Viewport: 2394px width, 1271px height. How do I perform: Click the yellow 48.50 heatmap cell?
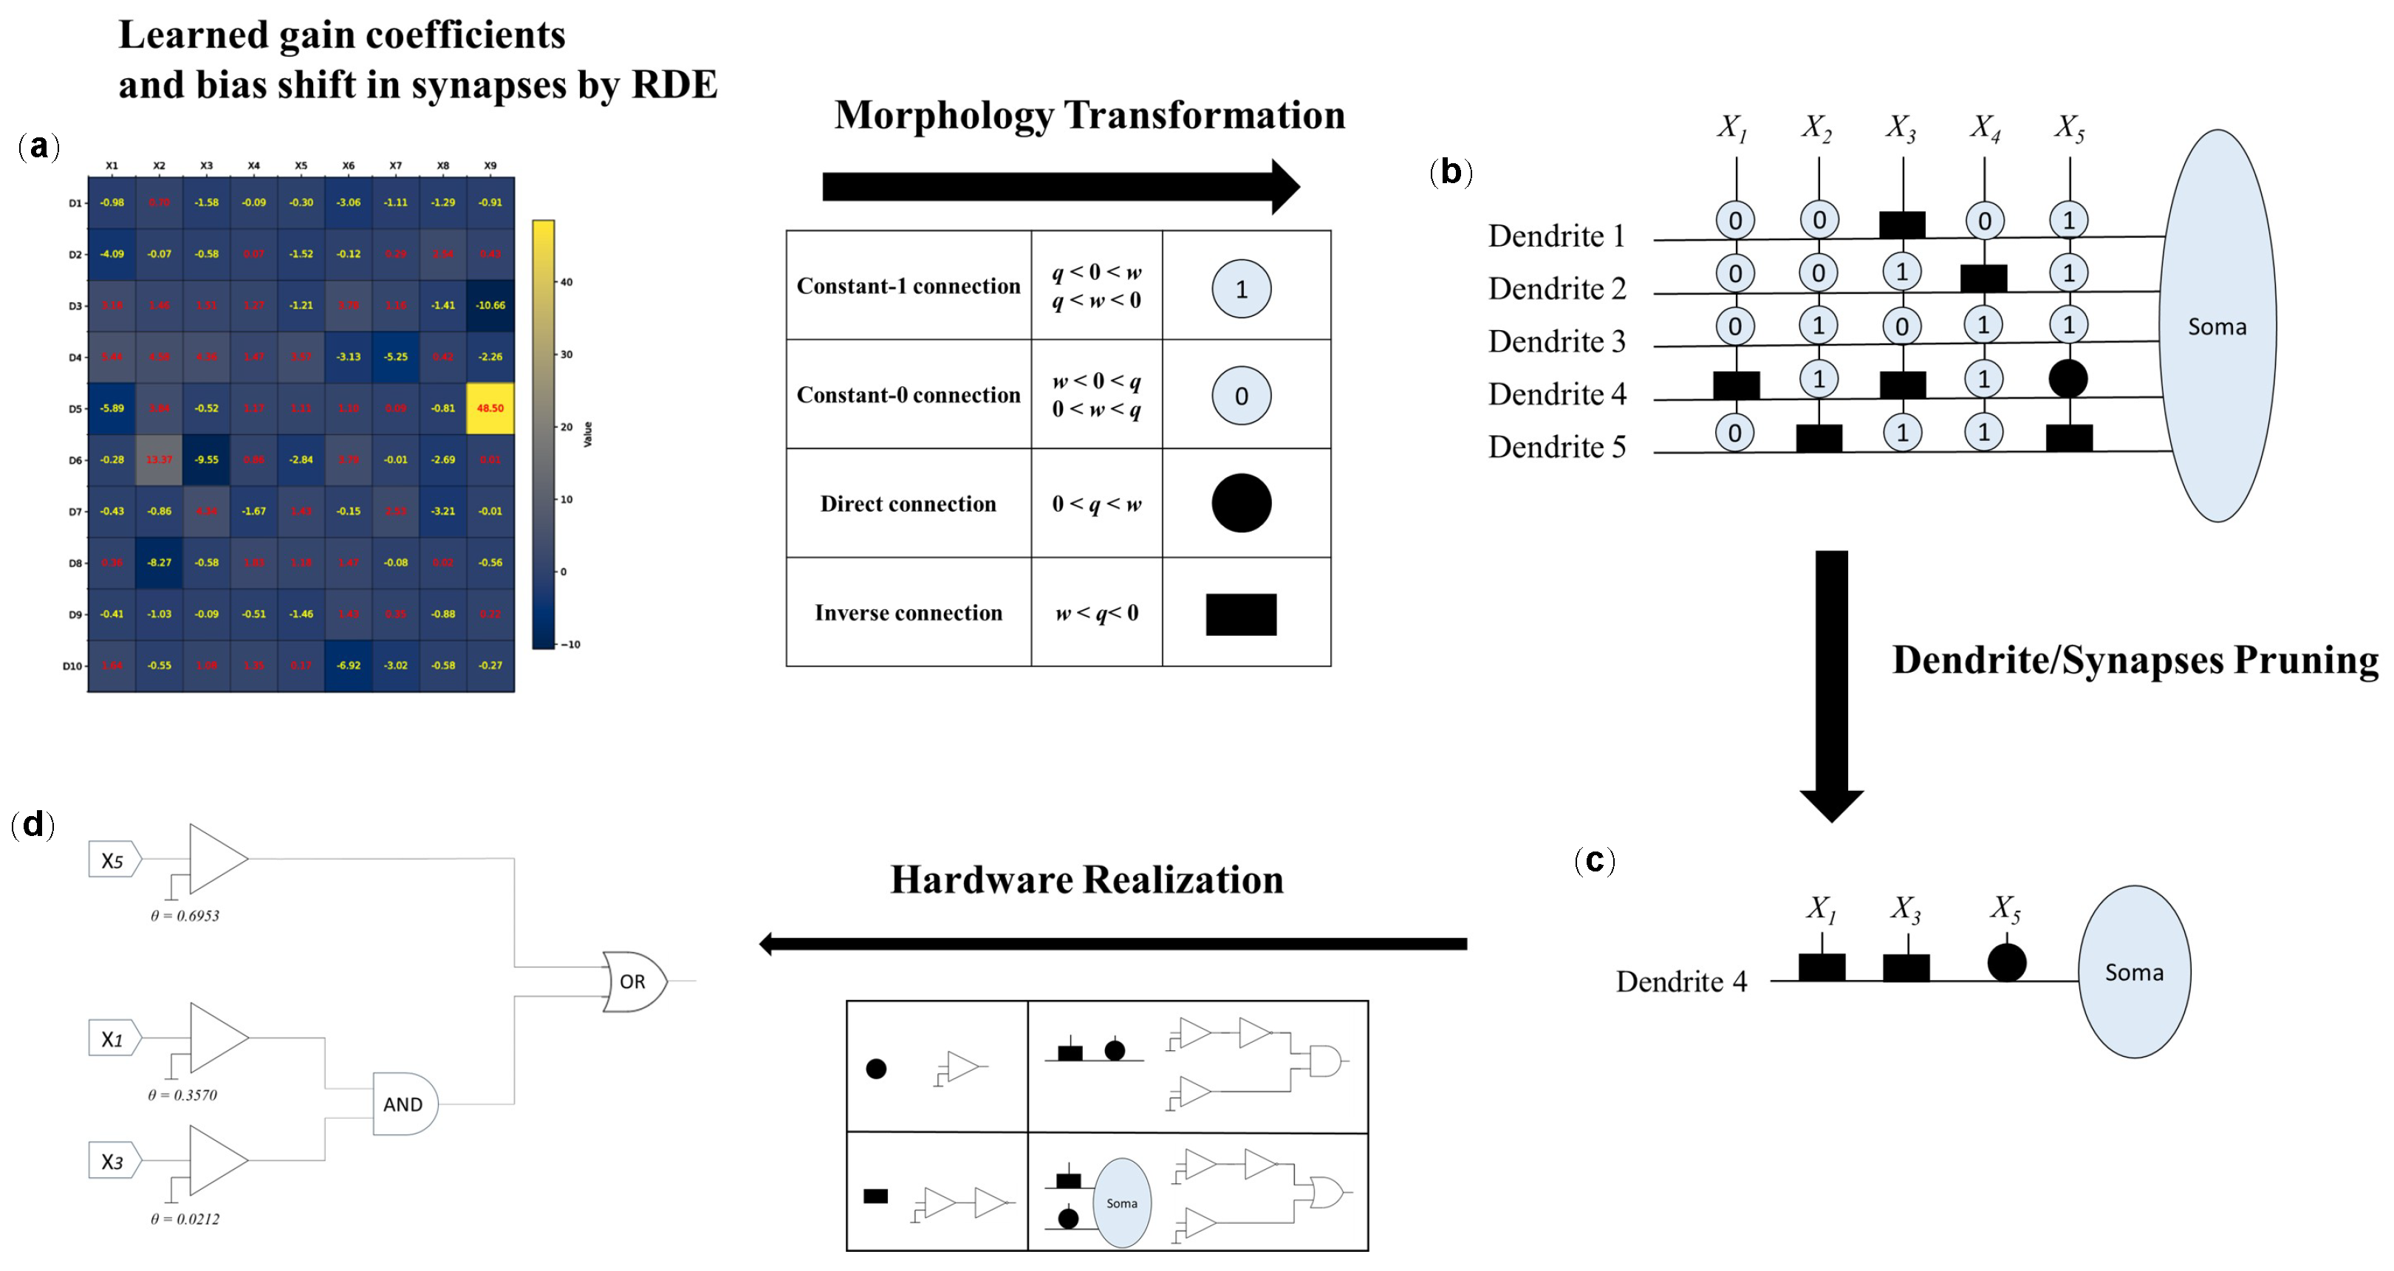point(490,408)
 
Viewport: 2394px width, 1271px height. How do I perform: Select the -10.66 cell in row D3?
point(490,305)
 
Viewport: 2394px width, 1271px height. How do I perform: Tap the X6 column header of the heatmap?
point(348,165)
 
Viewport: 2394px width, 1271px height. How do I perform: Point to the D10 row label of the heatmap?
point(72,666)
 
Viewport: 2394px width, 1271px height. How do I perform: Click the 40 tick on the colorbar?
point(566,282)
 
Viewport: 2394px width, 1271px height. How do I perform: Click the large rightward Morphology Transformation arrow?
point(1059,187)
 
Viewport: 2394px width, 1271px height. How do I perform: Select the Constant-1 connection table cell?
point(908,286)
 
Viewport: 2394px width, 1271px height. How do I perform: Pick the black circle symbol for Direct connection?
point(1241,503)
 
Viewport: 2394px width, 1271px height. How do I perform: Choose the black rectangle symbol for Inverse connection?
point(1241,614)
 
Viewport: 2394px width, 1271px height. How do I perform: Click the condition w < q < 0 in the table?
point(1097,613)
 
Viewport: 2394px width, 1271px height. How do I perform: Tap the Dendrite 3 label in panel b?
point(1556,342)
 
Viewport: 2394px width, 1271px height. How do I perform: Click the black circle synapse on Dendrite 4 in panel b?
point(2068,378)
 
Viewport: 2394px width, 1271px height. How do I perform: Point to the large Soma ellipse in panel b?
point(2217,326)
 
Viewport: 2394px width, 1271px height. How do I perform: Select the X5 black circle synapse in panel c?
point(2006,962)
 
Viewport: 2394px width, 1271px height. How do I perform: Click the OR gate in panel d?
point(633,981)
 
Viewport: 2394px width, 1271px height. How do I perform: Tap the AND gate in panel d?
point(404,1104)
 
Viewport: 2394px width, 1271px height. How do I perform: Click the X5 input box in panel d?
point(113,860)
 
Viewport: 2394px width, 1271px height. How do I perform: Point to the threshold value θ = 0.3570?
point(182,1095)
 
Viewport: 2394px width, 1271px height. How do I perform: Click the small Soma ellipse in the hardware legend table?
point(1122,1202)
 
